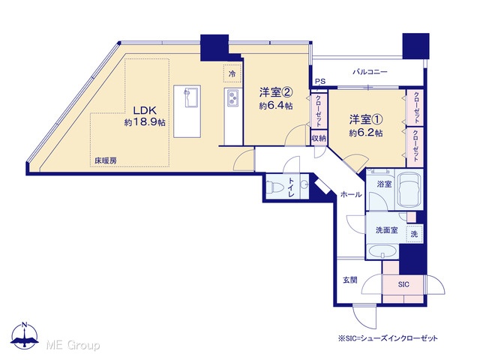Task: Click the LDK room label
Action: [144, 110]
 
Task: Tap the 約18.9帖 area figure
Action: [145, 122]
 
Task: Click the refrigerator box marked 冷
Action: [232, 73]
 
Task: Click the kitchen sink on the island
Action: [190, 97]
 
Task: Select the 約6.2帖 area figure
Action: [366, 133]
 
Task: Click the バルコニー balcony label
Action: [370, 72]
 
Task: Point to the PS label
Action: [320, 82]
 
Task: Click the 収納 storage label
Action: [319, 138]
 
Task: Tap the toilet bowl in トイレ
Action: [273, 187]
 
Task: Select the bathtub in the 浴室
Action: [408, 189]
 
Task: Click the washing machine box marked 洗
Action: [414, 234]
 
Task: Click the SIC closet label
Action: [403, 285]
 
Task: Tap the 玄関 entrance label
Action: [350, 280]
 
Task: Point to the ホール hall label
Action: [351, 194]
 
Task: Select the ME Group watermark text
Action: [73, 345]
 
